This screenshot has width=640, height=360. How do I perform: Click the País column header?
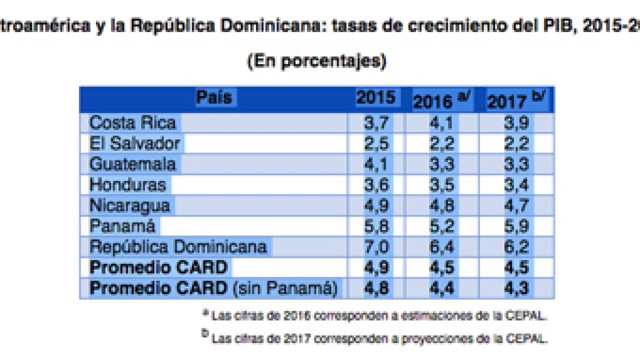click(214, 97)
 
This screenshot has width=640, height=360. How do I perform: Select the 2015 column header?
click(375, 98)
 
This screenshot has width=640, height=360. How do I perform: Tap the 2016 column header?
click(441, 100)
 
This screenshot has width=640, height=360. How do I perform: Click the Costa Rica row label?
click(132, 123)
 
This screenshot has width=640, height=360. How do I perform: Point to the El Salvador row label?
click(134, 143)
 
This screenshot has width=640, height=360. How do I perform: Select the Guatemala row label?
click(132, 164)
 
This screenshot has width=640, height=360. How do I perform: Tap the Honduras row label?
click(127, 184)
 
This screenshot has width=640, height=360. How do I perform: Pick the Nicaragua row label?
click(129, 205)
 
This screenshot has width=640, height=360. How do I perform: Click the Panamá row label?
click(122, 226)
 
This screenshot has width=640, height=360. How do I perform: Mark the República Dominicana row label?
click(178, 246)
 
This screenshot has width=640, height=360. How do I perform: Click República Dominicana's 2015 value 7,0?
click(375, 247)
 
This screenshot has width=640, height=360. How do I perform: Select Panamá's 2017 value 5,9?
click(516, 226)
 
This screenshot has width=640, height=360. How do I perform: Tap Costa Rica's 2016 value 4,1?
click(441, 123)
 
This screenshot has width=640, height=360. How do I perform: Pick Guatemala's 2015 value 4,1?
click(375, 164)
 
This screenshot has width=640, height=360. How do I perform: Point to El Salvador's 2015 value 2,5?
click(375, 143)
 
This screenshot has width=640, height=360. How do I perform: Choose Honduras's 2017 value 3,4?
click(516, 185)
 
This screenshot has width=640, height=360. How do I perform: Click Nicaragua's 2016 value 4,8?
click(441, 205)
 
